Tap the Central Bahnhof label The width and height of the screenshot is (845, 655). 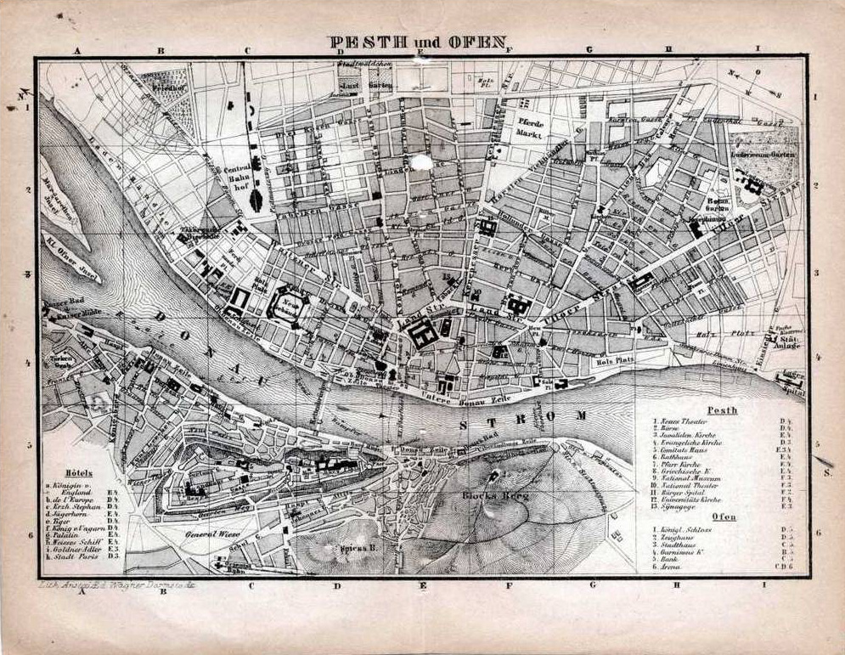click(234, 178)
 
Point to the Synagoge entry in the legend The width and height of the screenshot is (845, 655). click(679, 506)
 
